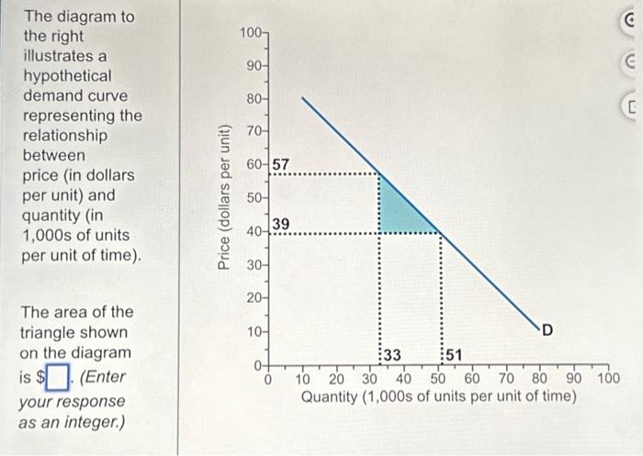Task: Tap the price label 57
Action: (x=281, y=163)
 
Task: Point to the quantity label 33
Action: (x=391, y=355)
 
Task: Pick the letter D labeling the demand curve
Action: (x=547, y=330)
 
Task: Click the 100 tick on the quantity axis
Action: (x=609, y=378)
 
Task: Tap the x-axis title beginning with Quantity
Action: (x=439, y=396)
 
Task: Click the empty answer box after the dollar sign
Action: (x=58, y=376)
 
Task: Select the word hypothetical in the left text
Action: (x=67, y=76)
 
